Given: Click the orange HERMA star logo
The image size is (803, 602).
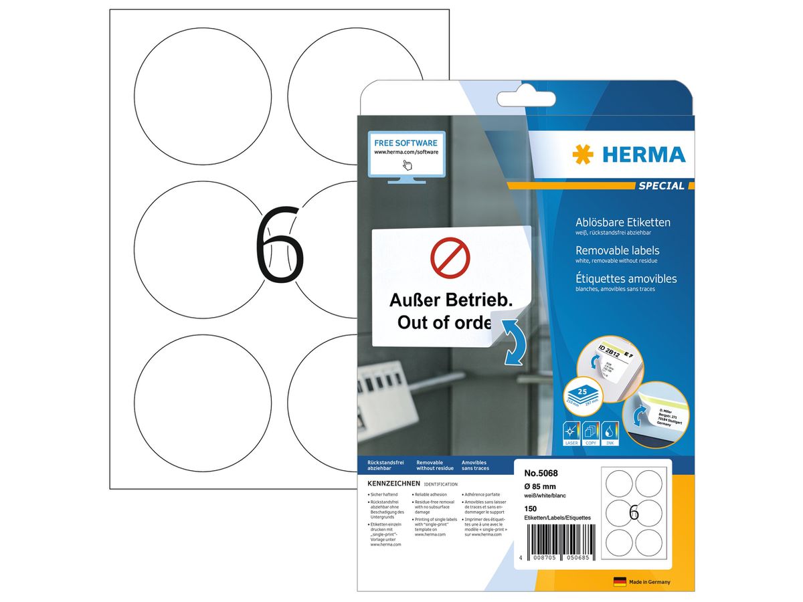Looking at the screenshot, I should [583, 155].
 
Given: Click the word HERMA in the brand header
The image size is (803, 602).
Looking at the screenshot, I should [644, 155].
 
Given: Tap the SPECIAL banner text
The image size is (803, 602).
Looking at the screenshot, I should [662, 186].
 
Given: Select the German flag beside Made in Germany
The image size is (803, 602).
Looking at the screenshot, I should [620, 582].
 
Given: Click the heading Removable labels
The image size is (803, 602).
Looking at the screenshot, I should [618, 250].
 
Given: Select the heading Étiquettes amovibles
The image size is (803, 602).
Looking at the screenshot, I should [626, 278].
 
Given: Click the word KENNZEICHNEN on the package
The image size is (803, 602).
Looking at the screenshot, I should [393, 483].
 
